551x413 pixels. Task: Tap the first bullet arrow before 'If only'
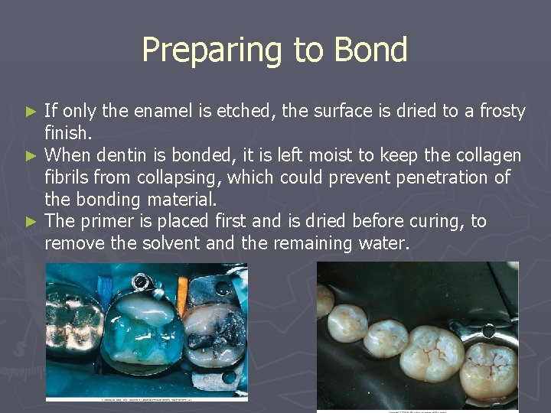[31, 112]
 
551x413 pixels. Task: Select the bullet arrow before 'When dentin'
[31, 156]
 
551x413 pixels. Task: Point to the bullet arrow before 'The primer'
[31, 222]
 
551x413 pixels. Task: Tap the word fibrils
[67, 177]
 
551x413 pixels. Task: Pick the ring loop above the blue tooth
[139, 282]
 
